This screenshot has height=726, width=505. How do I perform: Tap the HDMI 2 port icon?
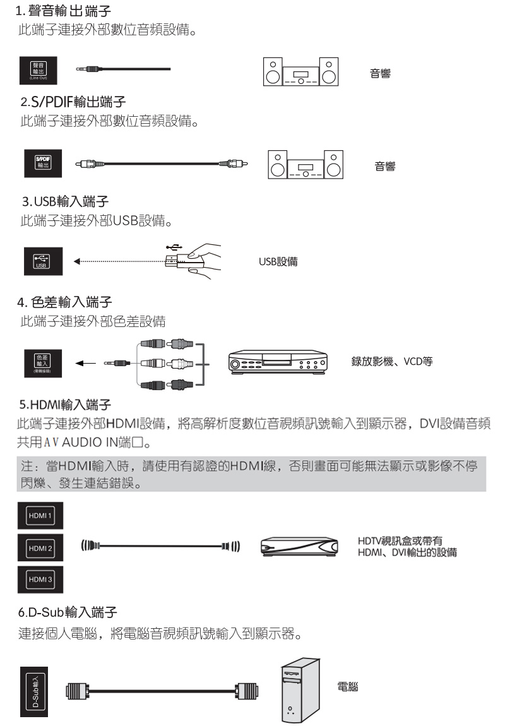[x=39, y=547]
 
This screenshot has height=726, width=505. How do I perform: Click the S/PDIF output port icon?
[x=39, y=158]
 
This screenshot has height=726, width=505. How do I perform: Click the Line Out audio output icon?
[x=39, y=69]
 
